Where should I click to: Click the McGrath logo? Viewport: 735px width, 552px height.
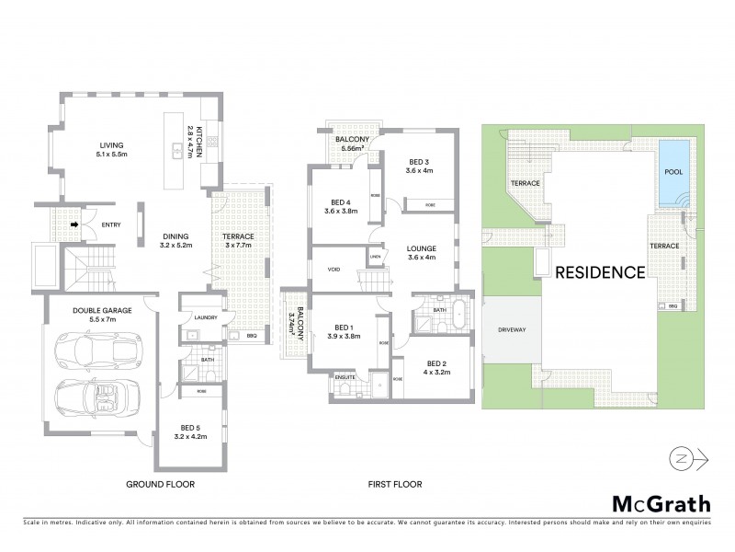tap(661, 503)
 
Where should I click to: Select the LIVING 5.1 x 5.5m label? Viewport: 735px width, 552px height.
tap(111, 150)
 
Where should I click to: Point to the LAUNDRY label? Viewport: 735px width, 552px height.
tap(205, 319)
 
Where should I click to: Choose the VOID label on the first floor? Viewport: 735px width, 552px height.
tap(334, 270)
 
